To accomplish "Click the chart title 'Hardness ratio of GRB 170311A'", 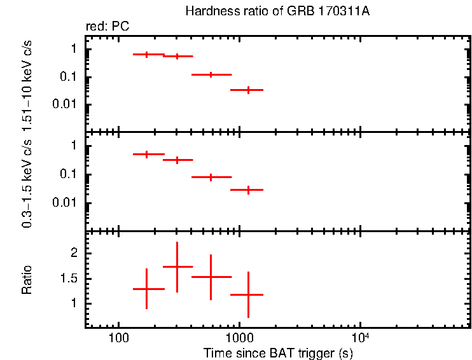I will [277, 11].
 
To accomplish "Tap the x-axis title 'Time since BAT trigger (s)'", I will [278, 352].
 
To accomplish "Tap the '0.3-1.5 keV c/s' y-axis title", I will [27, 184].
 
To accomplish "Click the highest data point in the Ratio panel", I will [177, 267].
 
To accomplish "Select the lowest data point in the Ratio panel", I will [248, 294].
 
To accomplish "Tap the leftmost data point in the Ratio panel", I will [147, 289].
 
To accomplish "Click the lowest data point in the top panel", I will [248, 90].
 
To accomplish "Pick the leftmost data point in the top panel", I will [147, 55].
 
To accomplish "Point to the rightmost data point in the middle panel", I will [248, 190].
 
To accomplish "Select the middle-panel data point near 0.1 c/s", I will [211, 177].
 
